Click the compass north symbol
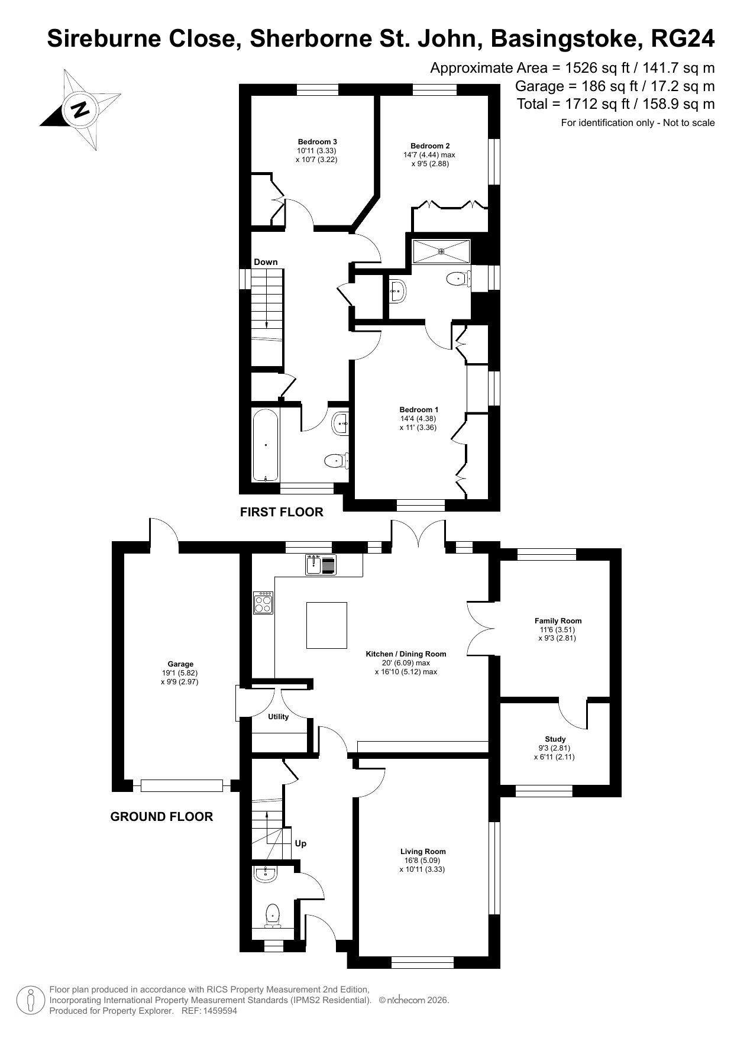pyautogui.click(x=80, y=109)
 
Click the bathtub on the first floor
pyautogui.click(x=266, y=445)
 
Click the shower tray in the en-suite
pyautogui.click(x=441, y=251)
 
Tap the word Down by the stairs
pyautogui.click(x=266, y=262)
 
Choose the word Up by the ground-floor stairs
pyautogui.click(x=300, y=843)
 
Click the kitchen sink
pyautogui.click(x=321, y=565)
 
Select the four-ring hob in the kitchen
pyautogui.click(x=263, y=603)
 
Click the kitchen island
pyautogui.click(x=326, y=625)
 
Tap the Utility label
pyautogui.click(x=279, y=717)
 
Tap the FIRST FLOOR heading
pyautogui.click(x=282, y=512)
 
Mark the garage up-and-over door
pyautogui.click(x=182, y=785)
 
